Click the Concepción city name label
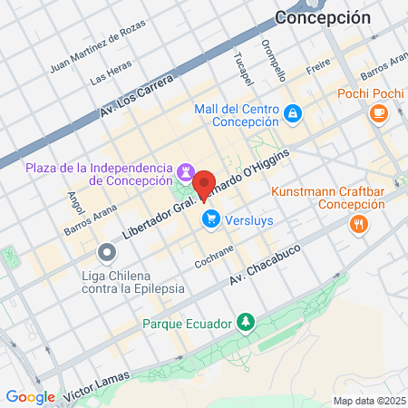click(x=323, y=17)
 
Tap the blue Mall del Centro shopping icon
click(x=292, y=114)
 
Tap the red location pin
click(x=205, y=186)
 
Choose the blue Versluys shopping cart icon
click(x=211, y=219)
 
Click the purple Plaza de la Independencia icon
click(x=186, y=171)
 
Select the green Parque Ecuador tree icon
click(x=245, y=323)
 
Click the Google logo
click(x=30, y=396)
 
